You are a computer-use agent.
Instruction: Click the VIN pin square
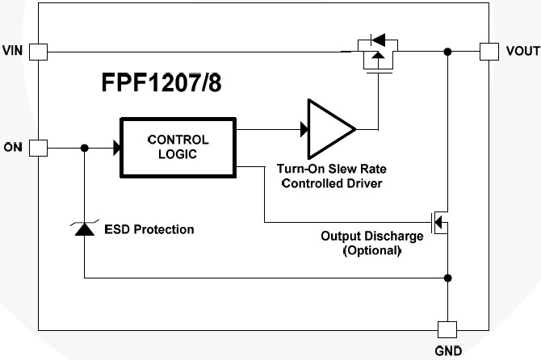(39, 52)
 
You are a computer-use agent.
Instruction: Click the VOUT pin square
(489, 52)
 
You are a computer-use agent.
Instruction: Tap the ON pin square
(39, 148)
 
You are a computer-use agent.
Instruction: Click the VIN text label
(14, 52)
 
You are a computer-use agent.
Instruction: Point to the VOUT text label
(522, 52)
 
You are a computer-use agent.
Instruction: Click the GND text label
(447, 352)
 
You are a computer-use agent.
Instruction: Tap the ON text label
(14, 148)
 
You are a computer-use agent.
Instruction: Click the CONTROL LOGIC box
(178, 147)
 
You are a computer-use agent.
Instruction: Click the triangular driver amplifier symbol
(328, 128)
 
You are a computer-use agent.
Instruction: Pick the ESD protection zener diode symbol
(84, 229)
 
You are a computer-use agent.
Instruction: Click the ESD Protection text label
(149, 229)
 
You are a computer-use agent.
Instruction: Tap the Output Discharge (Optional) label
(371, 243)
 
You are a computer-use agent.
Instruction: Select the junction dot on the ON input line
(84, 148)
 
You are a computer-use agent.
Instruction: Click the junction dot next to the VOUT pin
(447, 52)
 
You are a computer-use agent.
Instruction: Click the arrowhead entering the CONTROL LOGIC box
(116, 148)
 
